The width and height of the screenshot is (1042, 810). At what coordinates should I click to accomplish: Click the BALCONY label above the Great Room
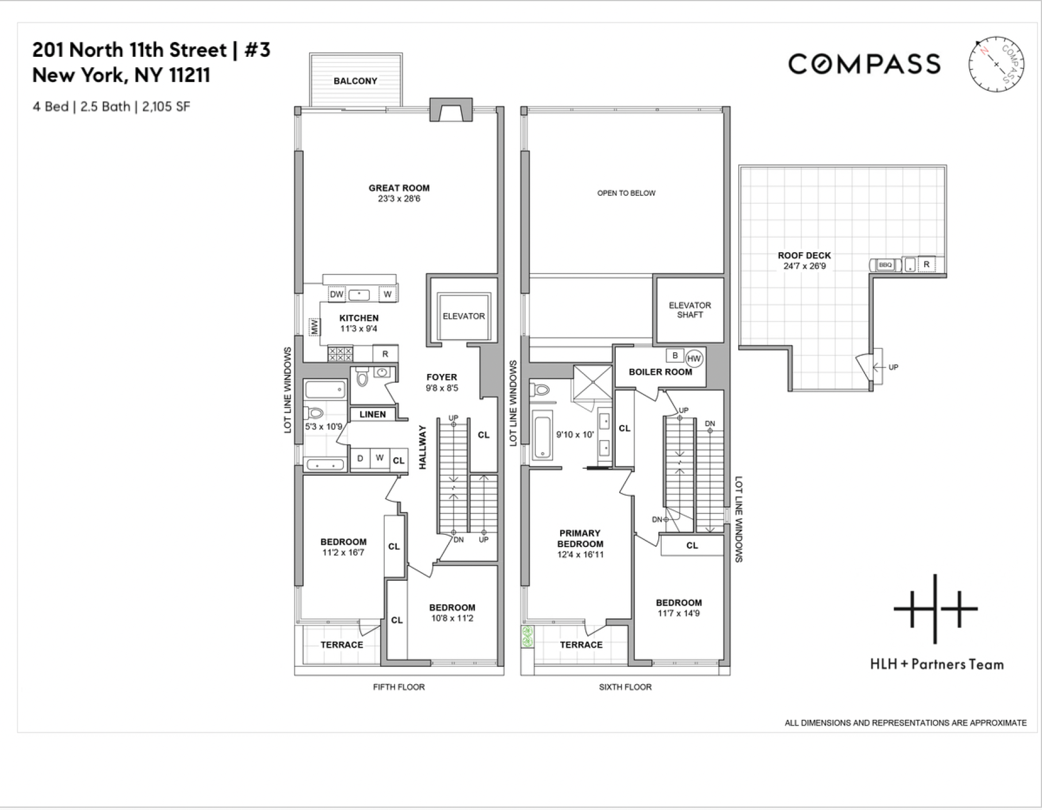point(355,81)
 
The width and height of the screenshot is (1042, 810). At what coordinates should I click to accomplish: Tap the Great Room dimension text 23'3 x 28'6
point(399,199)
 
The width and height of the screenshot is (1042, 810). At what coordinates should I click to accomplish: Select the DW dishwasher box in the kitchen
point(336,294)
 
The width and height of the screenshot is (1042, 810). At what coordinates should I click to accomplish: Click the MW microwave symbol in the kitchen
point(314,327)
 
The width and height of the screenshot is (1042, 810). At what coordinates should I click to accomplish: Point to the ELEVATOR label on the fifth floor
point(464,316)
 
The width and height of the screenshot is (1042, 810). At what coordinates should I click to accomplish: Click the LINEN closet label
point(372,414)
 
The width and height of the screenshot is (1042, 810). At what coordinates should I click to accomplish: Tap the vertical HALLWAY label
point(423,447)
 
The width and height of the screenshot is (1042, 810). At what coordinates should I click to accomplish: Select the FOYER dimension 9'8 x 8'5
point(442,388)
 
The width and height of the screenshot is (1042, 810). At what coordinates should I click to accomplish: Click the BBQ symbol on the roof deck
point(885,265)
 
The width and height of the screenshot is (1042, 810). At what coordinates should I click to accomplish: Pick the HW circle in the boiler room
point(694,358)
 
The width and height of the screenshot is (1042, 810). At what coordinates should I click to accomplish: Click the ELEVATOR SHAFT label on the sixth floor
point(689,310)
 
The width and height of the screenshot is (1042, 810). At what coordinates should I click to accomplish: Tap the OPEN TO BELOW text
point(626,193)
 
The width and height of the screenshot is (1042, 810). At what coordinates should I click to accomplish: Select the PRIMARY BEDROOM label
point(580,538)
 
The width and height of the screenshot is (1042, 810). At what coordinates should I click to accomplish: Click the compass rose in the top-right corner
point(996,64)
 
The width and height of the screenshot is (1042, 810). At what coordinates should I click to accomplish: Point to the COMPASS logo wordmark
point(864,64)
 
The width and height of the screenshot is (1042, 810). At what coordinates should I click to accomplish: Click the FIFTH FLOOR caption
point(399,686)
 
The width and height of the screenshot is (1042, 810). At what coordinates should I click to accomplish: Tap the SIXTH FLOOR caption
point(625,686)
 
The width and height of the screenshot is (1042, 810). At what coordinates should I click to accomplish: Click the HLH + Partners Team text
point(936,665)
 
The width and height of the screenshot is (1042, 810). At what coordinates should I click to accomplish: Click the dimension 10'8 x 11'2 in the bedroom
point(451,618)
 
